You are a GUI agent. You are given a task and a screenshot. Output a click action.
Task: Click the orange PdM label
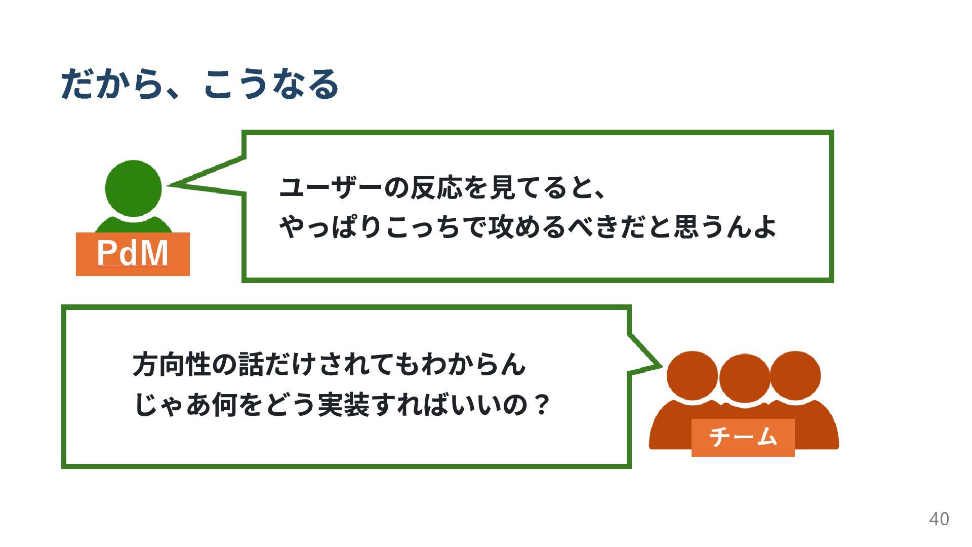[x=133, y=254]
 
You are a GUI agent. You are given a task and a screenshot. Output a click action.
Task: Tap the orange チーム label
[x=743, y=437]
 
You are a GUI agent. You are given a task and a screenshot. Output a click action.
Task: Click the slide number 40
[x=939, y=519]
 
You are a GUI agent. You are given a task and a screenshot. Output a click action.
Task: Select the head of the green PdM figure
[x=133, y=188]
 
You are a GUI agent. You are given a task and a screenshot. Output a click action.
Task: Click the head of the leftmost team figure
[x=692, y=376]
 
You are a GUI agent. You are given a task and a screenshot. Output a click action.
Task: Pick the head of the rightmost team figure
[x=795, y=375]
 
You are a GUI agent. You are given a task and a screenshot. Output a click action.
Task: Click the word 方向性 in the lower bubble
[x=172, y=365]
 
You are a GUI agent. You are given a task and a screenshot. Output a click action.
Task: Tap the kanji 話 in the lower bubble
[x=252, y=365]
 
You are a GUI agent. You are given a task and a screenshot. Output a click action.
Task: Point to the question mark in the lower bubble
[x=542, y=405]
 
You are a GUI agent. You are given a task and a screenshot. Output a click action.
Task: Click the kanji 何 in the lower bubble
[x=225, y=405]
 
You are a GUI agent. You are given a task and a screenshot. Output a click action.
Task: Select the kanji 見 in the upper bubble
[x=502, y=188]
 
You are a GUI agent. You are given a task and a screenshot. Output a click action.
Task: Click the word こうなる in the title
[x=271, y=85]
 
